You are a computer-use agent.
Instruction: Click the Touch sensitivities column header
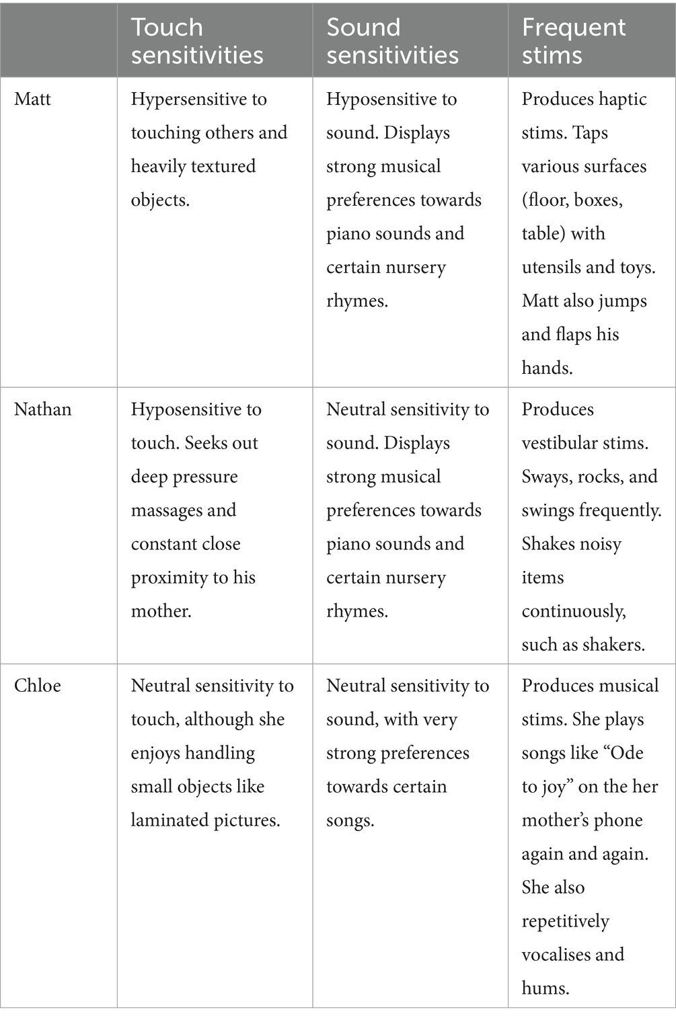point(196,40)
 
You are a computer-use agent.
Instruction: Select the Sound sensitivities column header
point(392,40)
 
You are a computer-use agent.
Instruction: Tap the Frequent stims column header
point(573,40)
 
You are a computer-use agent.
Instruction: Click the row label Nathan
point(42,409)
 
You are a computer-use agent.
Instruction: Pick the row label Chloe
point(38,686)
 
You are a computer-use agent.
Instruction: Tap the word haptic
point(622,100)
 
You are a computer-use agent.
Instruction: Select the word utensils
point(550,268)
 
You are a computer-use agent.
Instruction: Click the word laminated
point(170,820)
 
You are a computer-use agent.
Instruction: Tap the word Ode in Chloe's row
point(626,753)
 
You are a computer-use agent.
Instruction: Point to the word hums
point(545,988)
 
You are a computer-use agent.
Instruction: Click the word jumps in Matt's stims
point(623,301)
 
